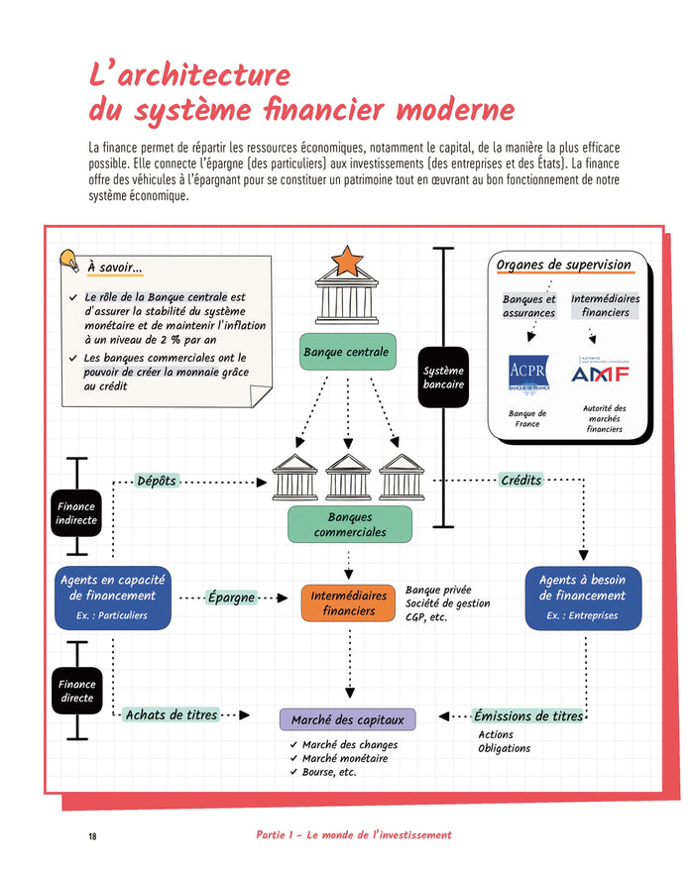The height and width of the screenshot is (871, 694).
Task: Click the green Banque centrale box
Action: click(x=347, y=352)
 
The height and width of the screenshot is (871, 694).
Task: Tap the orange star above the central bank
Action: click(x=347, y=260)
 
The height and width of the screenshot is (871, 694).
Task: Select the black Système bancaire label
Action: click(x=442, y=378)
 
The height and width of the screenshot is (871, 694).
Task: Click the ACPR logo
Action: click(x=527, y=376)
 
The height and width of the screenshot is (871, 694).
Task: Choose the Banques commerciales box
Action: click(x=349, y=524)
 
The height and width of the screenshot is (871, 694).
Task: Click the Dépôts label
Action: click(x=156, y=481)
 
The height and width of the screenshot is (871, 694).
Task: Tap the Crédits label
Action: click(x=521, y=480)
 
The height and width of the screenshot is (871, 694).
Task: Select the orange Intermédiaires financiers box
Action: click(x=348, y=603)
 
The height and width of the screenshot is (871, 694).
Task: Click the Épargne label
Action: click(x=231, y=598)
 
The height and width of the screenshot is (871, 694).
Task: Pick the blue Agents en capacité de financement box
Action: click(x=112, y=597)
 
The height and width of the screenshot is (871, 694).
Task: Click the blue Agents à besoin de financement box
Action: click(x=583, y=597)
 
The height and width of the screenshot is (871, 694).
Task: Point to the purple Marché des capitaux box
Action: click(x=347, y=719)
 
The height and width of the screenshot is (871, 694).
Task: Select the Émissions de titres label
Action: click(x=527, y=715)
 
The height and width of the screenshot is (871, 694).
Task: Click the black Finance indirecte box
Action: click(x=76, y=513)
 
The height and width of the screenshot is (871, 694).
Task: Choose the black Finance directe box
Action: click(x=76, y=691)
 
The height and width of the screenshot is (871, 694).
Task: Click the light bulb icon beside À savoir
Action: click(x=69, y=261)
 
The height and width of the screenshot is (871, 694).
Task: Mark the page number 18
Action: click(x=92, y=836)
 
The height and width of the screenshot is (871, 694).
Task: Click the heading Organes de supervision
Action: click(x=563, y=265)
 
